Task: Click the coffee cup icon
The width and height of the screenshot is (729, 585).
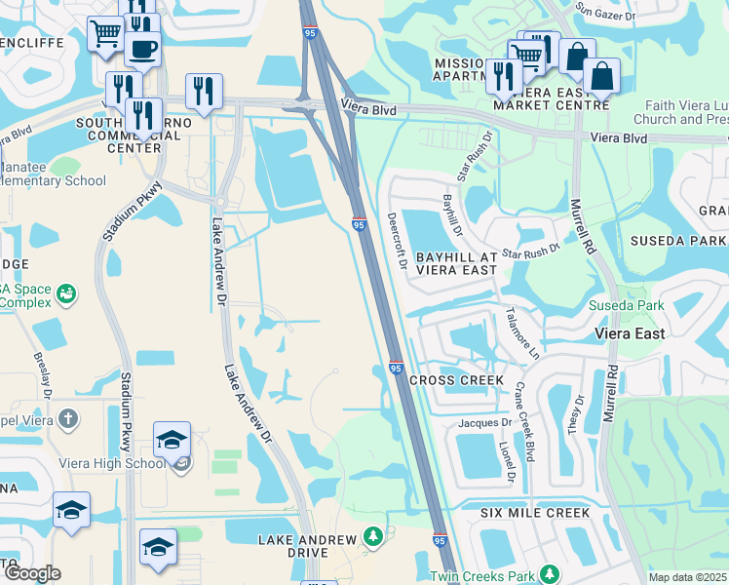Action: pos(142,49)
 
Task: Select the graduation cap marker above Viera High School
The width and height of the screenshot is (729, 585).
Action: pos(172,440)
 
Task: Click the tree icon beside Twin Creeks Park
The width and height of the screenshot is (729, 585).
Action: pos(549,572)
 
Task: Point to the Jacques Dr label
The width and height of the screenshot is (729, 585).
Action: pos(484,423)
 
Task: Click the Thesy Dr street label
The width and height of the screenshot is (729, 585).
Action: pos(580,409)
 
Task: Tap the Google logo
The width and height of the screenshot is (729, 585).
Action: pos(32,573)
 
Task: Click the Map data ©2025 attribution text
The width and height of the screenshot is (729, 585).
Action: pos(687,577)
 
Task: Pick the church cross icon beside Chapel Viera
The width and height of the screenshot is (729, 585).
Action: pos(66,419)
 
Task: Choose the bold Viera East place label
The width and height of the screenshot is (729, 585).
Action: pos(630,333)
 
